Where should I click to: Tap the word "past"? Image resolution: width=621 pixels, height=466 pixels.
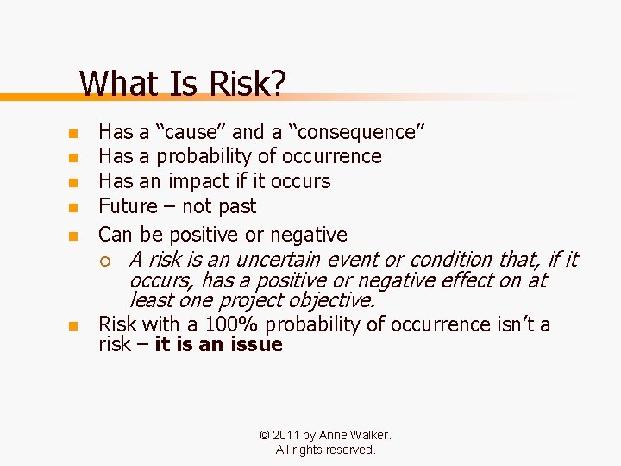237,206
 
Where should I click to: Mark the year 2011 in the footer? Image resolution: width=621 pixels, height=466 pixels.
285,436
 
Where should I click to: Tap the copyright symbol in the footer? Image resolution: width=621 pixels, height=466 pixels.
265,436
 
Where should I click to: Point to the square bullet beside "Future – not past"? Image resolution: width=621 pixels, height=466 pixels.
73,208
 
